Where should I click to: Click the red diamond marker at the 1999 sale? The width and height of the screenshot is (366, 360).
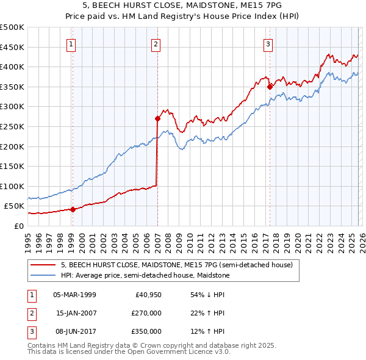pyautogui.click(x=73, y=209)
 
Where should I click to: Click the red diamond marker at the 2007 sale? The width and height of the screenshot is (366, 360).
pyautogui.click(x=157, y=118)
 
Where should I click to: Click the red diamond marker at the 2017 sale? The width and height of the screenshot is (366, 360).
pyautogui.click(x=270, y=87)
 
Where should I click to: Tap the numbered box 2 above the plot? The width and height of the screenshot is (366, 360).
pyautogui.click(x=156, y=43)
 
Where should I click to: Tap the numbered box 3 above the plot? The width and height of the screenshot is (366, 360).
pyautogui.click(x=268, y=43)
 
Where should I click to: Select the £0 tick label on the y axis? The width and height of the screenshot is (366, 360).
pyautogui.click(x=18, y=226)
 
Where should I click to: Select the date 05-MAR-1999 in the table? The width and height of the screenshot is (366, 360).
pyautogui.click(x=74, y=295)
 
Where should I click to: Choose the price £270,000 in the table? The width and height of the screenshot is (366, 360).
pyautogui.click(x=147, y=313)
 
